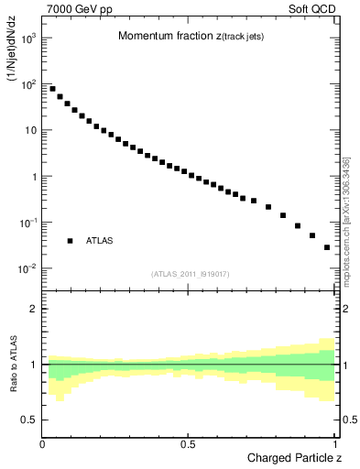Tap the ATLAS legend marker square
70,241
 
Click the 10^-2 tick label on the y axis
27,268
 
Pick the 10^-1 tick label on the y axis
27,223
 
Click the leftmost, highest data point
52,89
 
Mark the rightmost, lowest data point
327,247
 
